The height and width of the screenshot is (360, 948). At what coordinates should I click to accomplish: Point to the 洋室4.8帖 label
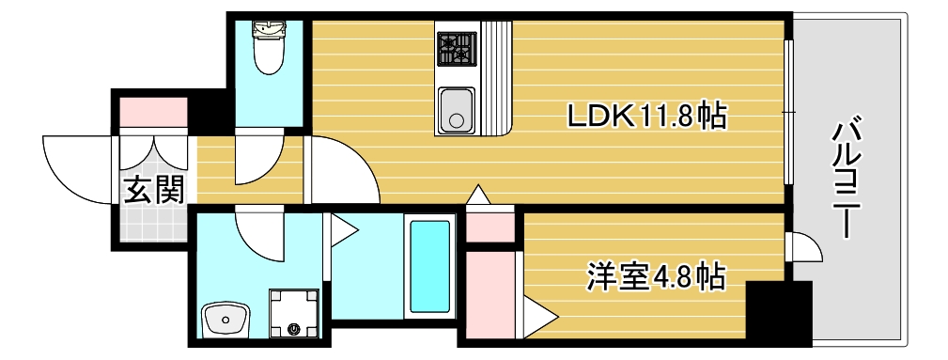coord(655,276)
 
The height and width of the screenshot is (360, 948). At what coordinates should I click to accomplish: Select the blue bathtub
coord(430,267)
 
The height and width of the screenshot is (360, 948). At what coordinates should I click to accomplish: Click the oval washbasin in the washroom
coord(225,320)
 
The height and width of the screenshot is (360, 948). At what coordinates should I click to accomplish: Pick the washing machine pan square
coord(294,312)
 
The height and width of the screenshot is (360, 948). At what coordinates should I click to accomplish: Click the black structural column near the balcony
coord(778,309)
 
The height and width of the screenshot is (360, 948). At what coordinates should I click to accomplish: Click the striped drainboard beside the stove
coord(496,75)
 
